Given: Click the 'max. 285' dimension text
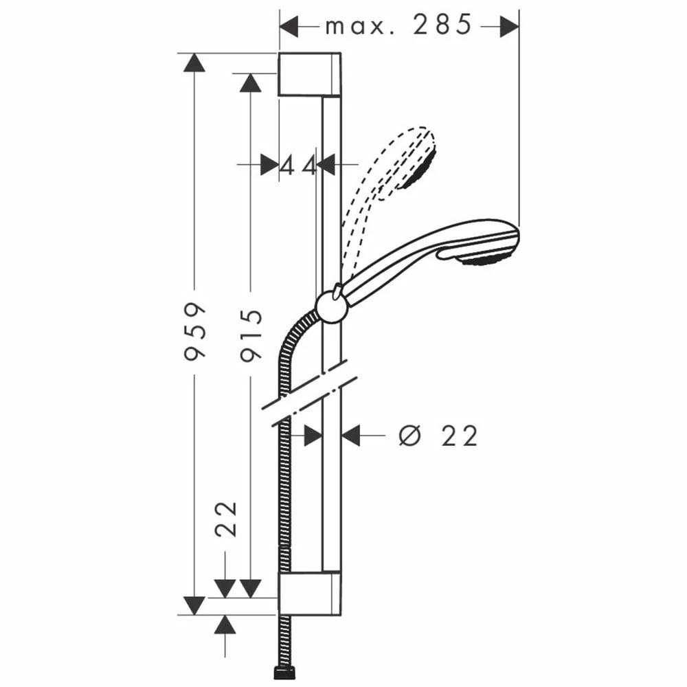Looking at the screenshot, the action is [398, 25].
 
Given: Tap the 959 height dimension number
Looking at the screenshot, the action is [194, 331].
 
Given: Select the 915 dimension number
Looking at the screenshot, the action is [251, 335].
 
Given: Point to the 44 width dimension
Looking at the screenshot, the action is [298, 166].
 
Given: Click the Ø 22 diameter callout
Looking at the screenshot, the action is [438, 436].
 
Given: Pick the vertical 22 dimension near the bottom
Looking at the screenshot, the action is [226, 519].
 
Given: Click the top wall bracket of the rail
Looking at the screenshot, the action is [309, 74].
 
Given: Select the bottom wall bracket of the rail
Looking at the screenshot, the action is [309, 593].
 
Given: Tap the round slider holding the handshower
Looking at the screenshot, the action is [332, 306].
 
